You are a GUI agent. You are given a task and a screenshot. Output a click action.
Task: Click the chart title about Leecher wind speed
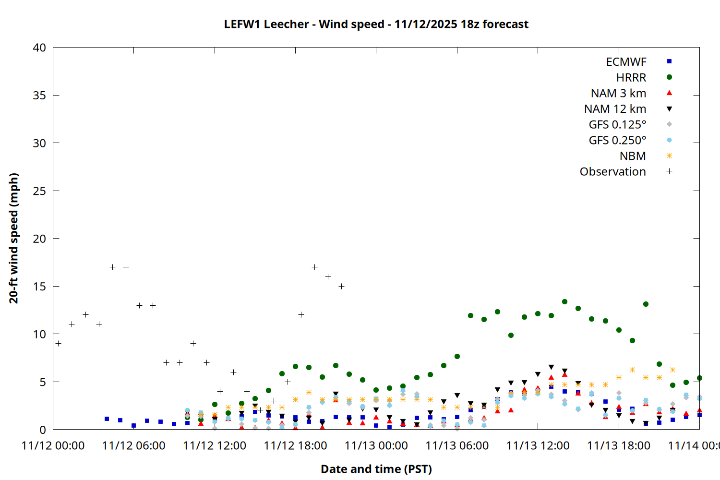tap(376, 24)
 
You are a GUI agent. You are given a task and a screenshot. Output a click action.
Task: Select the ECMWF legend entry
tap(626, 62)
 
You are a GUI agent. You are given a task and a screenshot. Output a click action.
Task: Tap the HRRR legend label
tap(631, 78)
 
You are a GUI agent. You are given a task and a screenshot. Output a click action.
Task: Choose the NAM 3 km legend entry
tap(618, 93)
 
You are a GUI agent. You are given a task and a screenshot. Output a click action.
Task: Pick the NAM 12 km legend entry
tap(615, 109)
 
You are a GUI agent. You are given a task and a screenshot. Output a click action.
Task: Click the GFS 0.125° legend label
tap(617, 125)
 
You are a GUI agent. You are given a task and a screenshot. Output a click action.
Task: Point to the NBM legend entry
tap(633, 156)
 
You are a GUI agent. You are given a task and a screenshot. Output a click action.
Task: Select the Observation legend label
tap(612, 172)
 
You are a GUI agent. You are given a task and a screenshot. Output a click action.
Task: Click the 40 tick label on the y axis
tap(39, 48)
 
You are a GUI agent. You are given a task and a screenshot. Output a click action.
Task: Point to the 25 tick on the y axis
tap(39, 191)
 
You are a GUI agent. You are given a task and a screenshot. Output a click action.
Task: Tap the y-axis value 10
tap(39, 334)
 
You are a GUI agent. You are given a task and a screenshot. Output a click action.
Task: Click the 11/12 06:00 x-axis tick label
tap(133, 446)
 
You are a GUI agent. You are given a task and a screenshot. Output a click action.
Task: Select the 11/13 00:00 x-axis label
tap(376, 446)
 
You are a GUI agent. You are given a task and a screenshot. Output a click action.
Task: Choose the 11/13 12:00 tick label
tap(538, 446)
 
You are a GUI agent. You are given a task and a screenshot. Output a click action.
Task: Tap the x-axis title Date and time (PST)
tap(376, 469)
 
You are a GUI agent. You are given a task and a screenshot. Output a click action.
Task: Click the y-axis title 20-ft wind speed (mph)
tap(13, 239)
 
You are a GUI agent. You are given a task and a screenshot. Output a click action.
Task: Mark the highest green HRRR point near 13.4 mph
tap(564, 302)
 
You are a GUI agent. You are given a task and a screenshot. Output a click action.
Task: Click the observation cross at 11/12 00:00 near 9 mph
tap(58, 343)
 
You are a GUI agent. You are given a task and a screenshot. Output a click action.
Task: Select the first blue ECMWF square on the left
tap(107, 419)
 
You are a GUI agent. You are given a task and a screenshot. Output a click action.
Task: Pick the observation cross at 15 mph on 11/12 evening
tap(341, 286)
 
